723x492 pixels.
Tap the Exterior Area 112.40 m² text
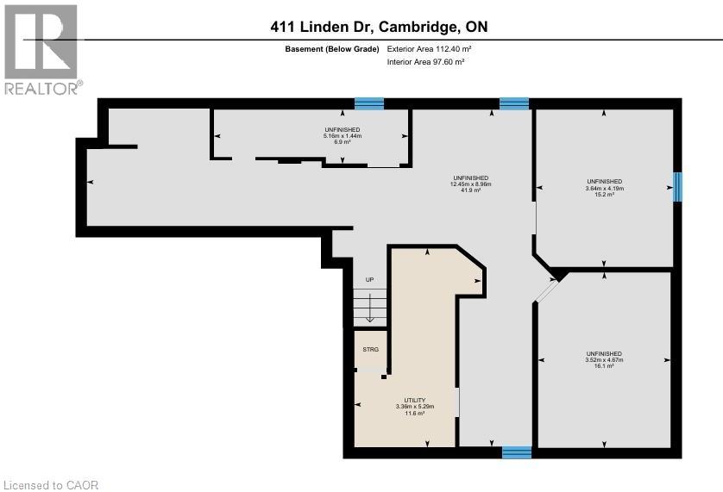[429, 49]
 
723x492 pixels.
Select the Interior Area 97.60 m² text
[425, 62]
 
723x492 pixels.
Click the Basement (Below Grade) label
[332, 49]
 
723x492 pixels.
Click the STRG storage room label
[370, 349]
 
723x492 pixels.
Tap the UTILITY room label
[414, 400]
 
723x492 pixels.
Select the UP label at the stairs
[369, 279]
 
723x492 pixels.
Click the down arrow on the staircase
[369, 308]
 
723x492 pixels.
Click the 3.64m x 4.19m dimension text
[604, 189]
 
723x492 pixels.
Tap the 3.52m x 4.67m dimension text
[604, 360]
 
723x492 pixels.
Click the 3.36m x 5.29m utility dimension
[414, 407]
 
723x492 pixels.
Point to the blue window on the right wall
[677, 186]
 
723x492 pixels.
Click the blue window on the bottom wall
[517, 452]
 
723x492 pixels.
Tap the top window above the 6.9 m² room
[369, 103]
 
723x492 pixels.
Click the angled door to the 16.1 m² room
[546, 290]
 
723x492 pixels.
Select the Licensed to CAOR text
[52, 485]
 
